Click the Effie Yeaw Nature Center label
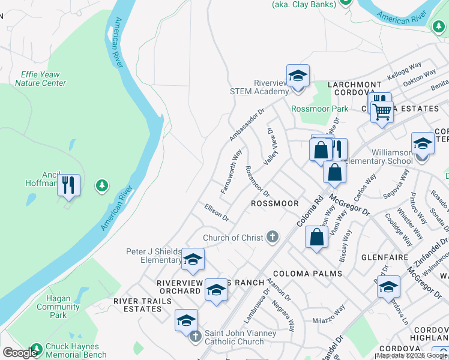(41, 79)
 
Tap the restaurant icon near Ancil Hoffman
(69, 185)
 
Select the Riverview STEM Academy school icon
(298, 77)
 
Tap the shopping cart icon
(382, 111)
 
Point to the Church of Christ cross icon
(273, 237)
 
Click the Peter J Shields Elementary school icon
(193, 260)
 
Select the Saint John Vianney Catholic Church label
(241, 337)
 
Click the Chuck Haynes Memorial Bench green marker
(37, 349)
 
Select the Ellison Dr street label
(216, 212)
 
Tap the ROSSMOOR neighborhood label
(274, 203)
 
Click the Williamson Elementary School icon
(423, 145)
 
